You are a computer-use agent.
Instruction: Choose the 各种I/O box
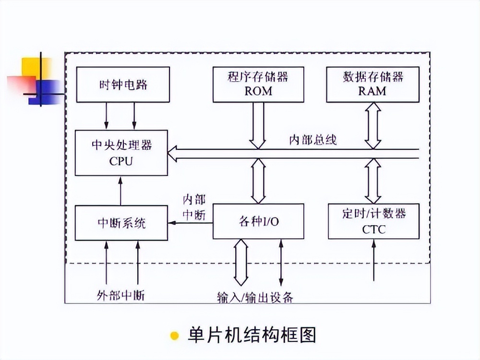point(258,221)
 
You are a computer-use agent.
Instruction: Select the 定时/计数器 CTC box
point(373,221)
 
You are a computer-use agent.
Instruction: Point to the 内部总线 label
point(312,140)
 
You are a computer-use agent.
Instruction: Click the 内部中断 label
point(194,207)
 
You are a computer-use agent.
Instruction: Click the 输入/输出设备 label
point(255,297)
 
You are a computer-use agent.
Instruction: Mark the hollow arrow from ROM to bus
point(257,125)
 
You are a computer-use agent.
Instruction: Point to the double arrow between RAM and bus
point(372,125)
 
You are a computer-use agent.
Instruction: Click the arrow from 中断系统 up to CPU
point(120,191)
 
